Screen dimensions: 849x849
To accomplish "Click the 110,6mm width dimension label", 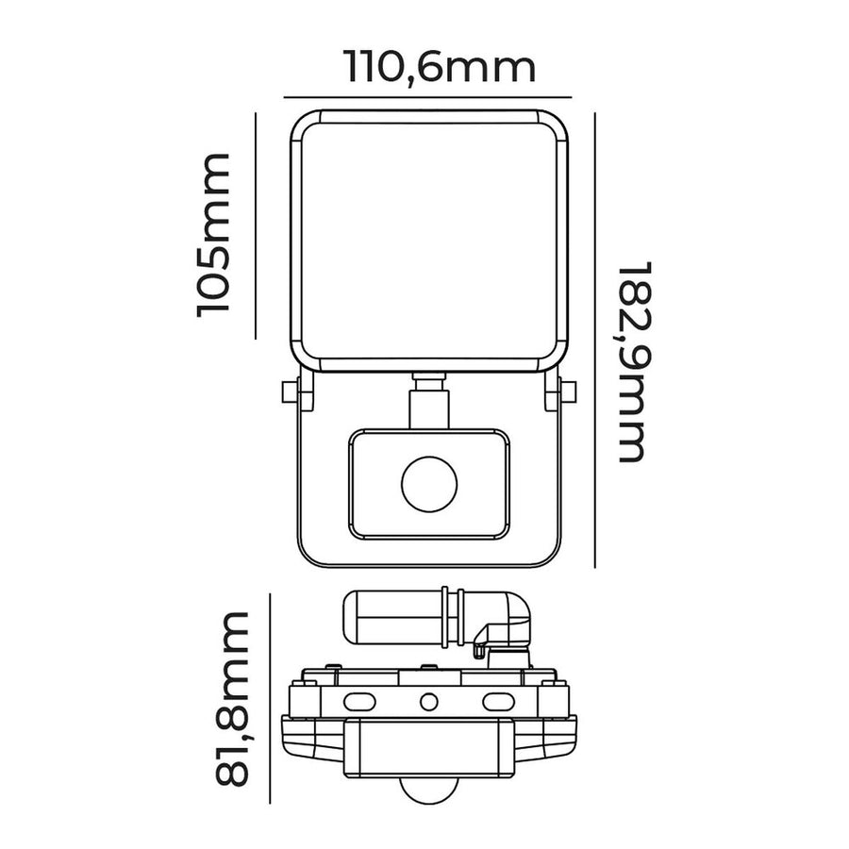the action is click(x=439, y=68).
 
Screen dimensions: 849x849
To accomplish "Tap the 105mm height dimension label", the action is click(x=213, y=235).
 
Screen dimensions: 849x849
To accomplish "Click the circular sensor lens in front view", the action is click(x=429, y=485).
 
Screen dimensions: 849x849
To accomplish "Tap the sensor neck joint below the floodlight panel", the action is click(x=429, y=400).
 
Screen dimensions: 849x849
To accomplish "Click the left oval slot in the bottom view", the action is click(x=359, y=702).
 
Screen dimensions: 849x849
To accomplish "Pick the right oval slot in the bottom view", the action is click(x=499, y=702).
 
